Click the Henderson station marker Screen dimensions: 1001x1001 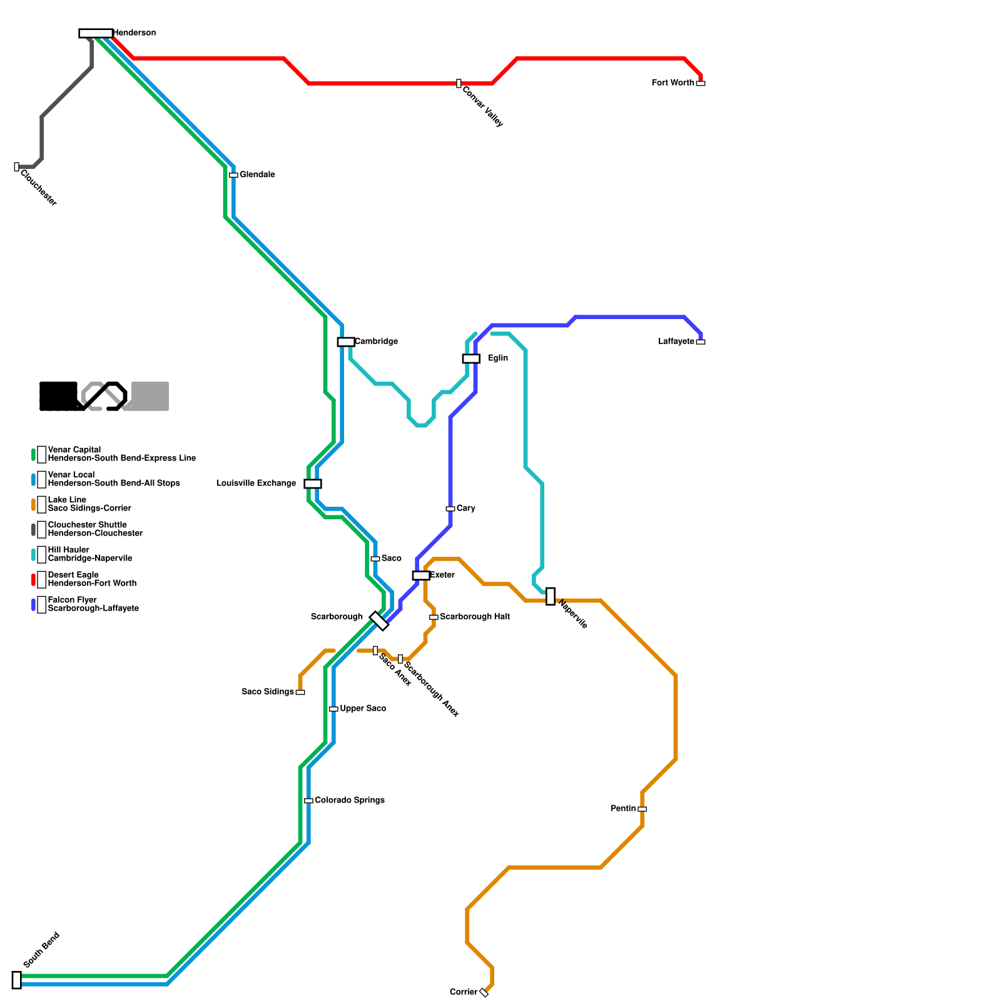pos(96,33)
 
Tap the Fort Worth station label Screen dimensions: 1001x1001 pos(673,83)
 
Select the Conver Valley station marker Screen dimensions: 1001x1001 pos(459,83)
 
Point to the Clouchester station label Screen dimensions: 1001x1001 pos(38,187)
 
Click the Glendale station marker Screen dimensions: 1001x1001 pos(233,175)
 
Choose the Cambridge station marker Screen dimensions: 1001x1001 pos(346,342)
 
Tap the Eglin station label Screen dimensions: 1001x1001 pos(498,358)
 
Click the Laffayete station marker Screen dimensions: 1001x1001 pos(701,342)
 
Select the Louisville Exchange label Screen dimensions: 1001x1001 pos(256,484)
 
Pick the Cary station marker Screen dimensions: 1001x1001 pos(450,509)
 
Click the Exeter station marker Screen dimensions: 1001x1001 pos(421,576)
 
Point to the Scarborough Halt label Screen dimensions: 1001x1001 pos(474,617)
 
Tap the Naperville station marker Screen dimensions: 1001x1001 pos(551,596)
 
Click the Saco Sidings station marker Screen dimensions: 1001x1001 pos(300,692)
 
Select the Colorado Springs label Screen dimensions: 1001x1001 pos(349,800)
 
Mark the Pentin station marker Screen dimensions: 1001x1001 pos(642,809)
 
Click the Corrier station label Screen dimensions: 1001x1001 pos(464,992)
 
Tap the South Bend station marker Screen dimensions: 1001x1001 pos(17,980)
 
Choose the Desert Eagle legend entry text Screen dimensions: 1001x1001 pos(92,579)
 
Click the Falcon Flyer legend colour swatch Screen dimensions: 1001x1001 pos(34,605)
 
